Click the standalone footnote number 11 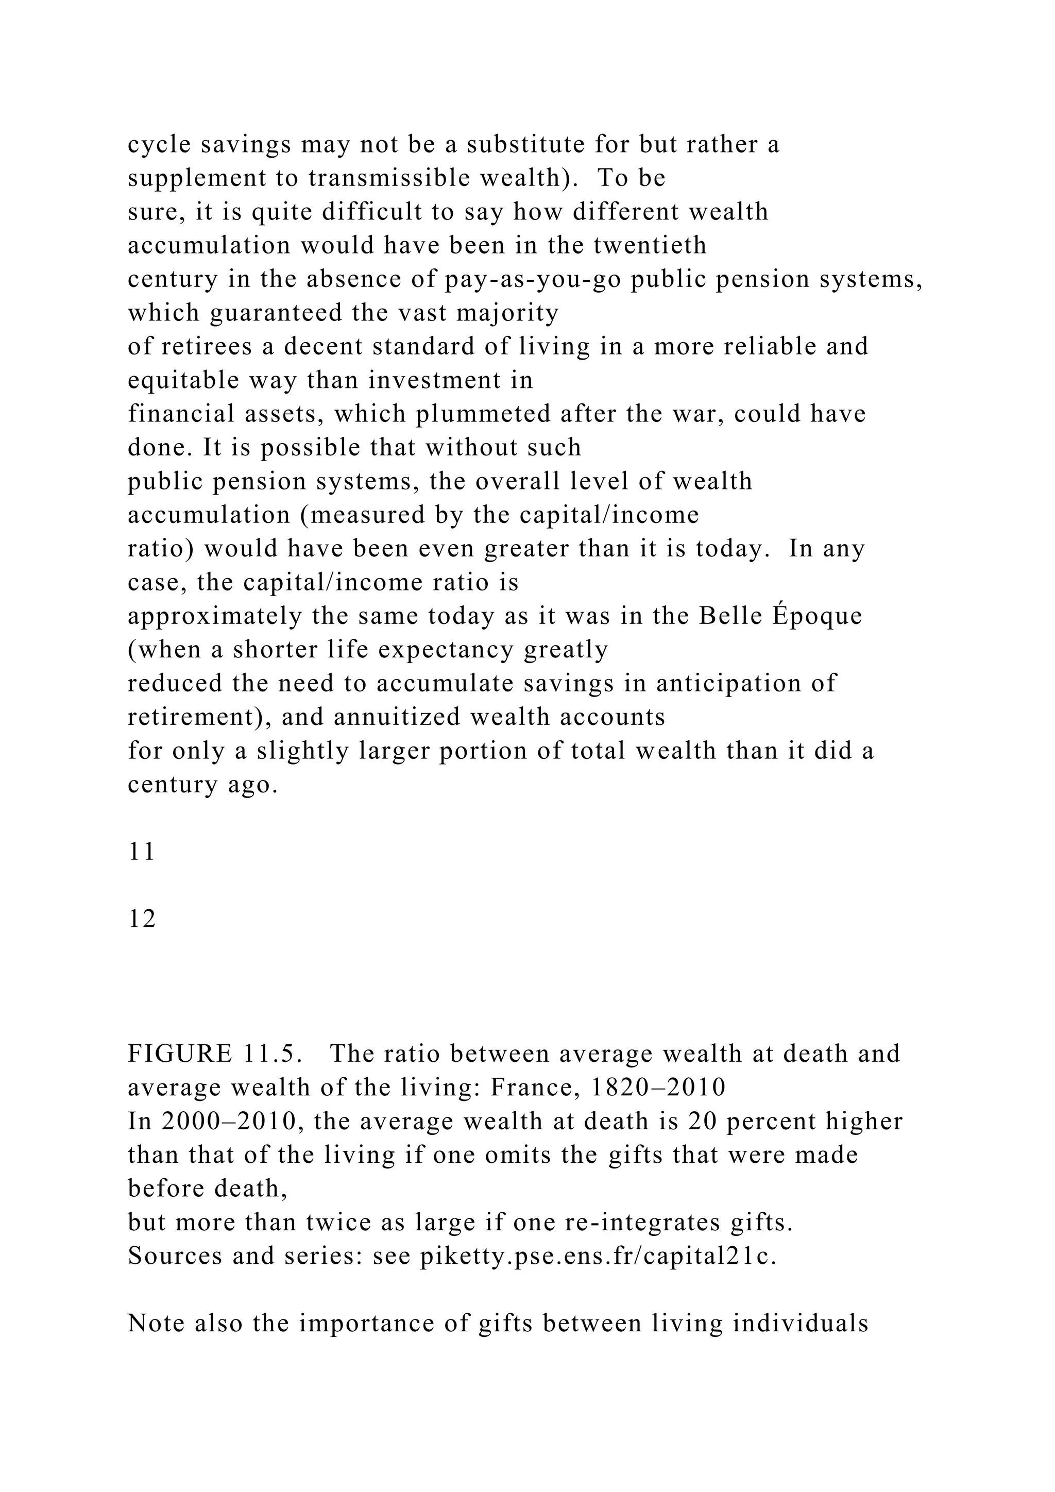[x=142, y=852]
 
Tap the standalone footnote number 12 [x=142, y=920]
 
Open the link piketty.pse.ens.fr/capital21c [x=598, y=1256]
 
